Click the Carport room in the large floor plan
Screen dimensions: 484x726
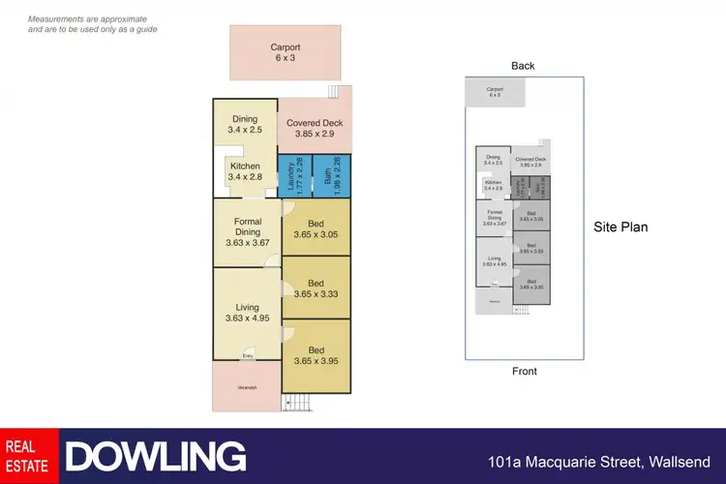pos(285,52)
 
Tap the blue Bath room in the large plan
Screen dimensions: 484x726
pos(331,176)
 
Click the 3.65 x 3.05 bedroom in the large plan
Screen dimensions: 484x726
pos(316,227)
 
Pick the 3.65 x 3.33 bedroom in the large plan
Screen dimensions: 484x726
pos(316,287)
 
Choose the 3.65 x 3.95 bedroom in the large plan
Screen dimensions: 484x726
pos(316,355)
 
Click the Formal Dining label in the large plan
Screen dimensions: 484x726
pos(247,232)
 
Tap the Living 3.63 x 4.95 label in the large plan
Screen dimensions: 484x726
pos(247,312)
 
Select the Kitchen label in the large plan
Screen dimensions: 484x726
pos(244,172)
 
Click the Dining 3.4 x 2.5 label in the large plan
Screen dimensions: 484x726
pos(244,124)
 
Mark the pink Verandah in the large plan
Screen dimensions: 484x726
pos(247,387)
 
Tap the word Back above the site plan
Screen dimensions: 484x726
pos(523,66)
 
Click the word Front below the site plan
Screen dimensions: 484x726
pos(524,371)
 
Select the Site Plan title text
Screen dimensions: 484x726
pos(620,227)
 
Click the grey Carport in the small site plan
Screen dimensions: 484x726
pos(495,93)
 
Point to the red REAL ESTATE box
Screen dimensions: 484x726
pos(29,456)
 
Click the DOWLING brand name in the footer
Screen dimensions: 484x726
pos(155,456)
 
